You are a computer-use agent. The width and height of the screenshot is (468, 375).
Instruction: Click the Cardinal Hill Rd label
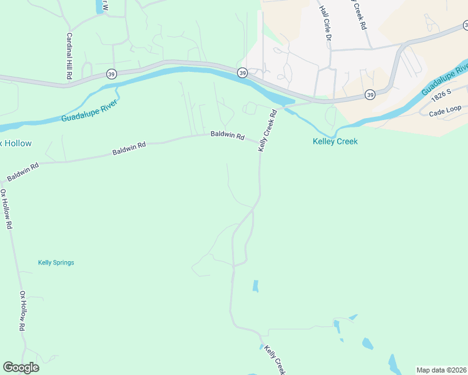[x=69, y=56]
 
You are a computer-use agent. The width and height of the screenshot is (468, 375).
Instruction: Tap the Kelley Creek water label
[x=335, y=142]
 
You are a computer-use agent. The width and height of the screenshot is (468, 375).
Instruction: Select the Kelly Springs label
[x=56, y=262]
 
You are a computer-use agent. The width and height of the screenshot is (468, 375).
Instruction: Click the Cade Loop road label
[x=444, y=112]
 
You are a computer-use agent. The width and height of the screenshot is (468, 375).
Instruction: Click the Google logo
[x=21, y=367]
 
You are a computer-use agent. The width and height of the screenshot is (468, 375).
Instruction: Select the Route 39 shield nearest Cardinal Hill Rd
[x=111, y=73]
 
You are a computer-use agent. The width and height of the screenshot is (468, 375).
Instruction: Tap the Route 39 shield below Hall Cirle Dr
[x=370, y=94]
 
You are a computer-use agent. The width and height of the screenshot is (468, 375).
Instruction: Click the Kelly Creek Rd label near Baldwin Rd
[x=267, y=130]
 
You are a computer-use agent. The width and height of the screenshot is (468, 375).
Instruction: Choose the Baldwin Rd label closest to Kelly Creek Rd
[x=227, y=134]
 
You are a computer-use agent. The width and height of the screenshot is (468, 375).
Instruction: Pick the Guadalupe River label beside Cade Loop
[x=445, y=80]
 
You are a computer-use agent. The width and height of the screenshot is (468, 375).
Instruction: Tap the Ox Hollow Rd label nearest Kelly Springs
[x=23, y=311]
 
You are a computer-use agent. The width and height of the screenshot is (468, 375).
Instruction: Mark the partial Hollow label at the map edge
[x=16, y=144]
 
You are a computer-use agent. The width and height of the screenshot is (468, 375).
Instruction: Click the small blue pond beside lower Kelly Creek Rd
[x=255, y=286]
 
